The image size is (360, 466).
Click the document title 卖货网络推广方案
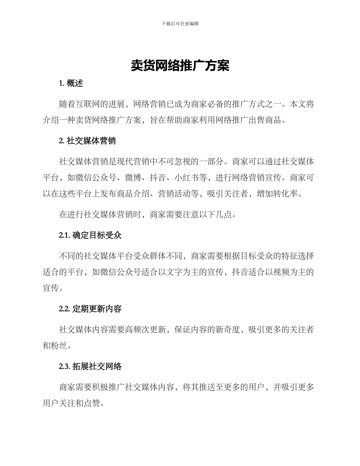coord(180,66)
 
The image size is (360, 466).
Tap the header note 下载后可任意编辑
coord(180,23)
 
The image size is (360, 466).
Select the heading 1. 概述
coord(71,84)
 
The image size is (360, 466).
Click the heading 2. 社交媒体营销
coord(88,141)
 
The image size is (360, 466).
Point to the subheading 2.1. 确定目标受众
coord(90,235)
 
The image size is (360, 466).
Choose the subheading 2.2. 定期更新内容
coord(90,309)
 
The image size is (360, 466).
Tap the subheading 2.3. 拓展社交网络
coord(90,366)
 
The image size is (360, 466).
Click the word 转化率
coord(289,194)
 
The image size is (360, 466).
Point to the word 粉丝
coord(63,346)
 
